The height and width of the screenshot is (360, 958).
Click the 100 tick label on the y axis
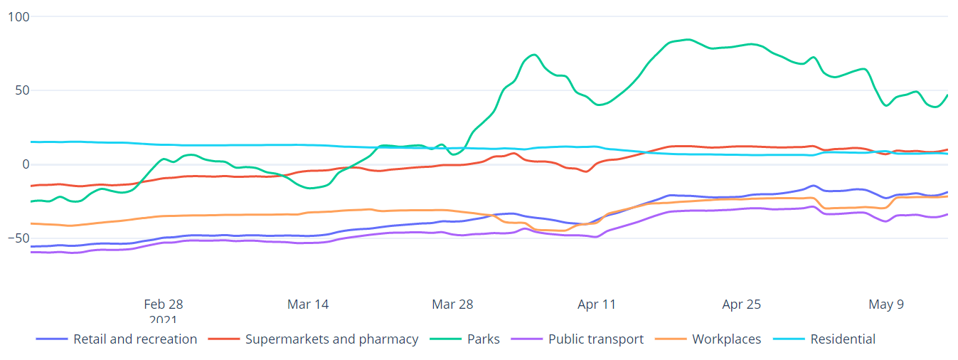(x=18, y=16)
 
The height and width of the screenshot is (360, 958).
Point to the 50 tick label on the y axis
(x=21, y=90)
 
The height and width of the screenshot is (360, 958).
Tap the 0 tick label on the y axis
(x=25, y=164)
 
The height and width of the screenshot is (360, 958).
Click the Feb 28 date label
(x=164, y=305)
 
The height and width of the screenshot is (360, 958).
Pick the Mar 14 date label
(x=308, y=305)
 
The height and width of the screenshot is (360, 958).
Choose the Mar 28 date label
(x=452, y=305)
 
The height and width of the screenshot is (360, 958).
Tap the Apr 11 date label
(x=597, y=305)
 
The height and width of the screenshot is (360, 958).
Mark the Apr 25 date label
(x=742, y=305)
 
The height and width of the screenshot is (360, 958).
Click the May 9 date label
(x=886, y=305)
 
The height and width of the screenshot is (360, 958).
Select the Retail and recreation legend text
(x=135, y=339)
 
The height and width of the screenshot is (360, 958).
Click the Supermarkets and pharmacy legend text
(x=331, y=339)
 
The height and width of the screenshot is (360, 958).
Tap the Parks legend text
(x=484, y=339)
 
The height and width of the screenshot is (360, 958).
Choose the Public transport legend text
(x=596, y=339)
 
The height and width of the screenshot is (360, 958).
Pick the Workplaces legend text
(x=726, y=339)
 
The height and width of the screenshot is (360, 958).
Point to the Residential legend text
(x=843, y=339)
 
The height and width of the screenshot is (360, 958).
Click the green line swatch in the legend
(x=447, y=339)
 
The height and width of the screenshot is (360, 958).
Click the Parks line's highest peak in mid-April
(x=687, y=39)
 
